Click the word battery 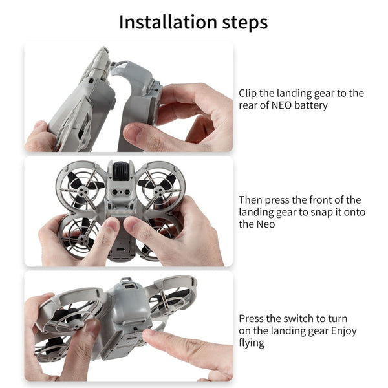[310, 105]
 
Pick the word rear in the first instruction [250, 105]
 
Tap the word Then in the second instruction [252, 200]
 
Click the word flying [252, 343]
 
